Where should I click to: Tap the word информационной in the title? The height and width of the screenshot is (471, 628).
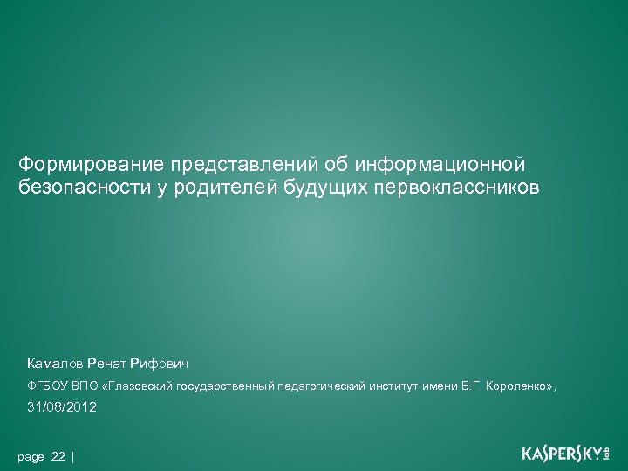[x=447, y=163]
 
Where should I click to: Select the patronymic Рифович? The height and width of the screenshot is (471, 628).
[x=158, y=363]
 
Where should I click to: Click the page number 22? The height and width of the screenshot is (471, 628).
[x=58, y=457]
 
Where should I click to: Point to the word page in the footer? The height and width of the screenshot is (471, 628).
[x=31, y=457]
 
